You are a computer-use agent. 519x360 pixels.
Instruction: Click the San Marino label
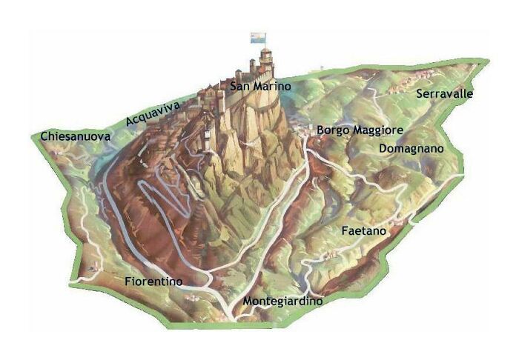(259, 87)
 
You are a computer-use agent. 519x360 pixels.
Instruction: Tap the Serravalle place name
(445, 94)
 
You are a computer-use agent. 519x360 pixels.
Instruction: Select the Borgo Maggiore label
(360, 130)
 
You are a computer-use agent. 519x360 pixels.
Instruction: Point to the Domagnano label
(411, 149)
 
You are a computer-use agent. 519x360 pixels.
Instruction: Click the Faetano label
(364, 232)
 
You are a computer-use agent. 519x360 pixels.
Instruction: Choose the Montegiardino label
(282, 302)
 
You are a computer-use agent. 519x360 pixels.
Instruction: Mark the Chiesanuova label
(76, 137)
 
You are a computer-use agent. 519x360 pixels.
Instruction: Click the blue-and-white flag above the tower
(257, 36)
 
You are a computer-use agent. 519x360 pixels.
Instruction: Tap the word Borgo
(331, 130)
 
